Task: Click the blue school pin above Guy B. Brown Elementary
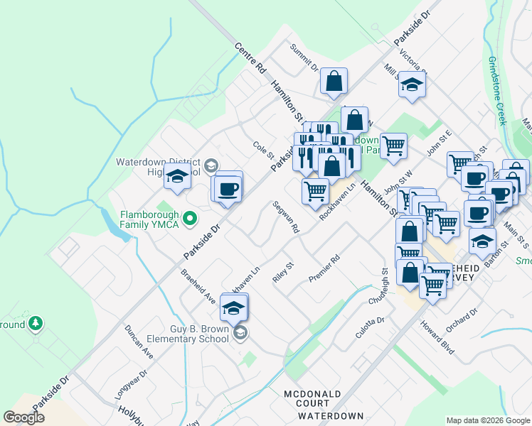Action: point(233,307)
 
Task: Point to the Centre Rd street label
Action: point(250,59)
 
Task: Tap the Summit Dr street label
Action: point(304,58)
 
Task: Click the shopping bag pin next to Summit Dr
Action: point(334,82)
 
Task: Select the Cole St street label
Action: point(263,150)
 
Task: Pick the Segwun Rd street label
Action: point(286,217)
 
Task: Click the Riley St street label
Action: point(283,273)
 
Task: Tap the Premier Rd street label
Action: point(325,268)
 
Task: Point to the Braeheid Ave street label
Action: point(198,287)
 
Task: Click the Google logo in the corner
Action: point(23,417)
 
